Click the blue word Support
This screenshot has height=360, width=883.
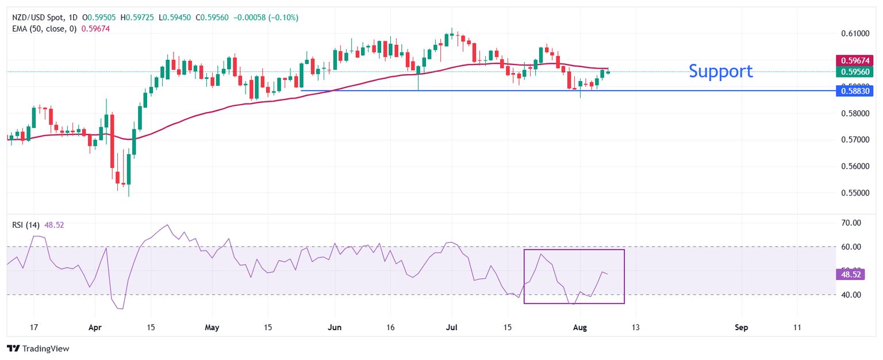click(x=720, y=71)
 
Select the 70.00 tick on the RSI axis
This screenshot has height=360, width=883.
click(x=850, y=223)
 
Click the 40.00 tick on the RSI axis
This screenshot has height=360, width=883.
click(x=850, y=295)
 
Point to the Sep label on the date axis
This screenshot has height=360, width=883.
click(x=741, y=327)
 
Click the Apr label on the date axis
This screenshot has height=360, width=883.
click(x=95, y=327)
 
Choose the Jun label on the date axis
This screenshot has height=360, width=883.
click(x=335, y=327)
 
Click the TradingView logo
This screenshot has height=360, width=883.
click(x=37, y=348)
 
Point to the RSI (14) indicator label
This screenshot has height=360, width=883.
click(x=26, y=225)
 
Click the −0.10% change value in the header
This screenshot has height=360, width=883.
click(x=283, y=18)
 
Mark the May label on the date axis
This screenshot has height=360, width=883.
click(x=212, y=327)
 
